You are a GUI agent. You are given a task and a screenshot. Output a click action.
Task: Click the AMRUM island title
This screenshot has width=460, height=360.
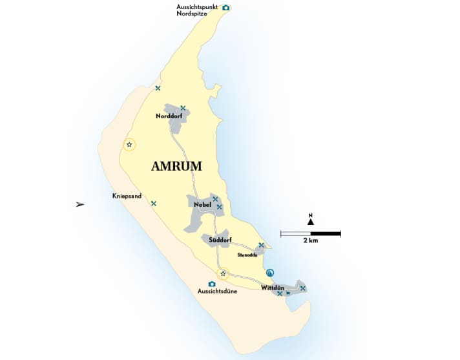point(176,166)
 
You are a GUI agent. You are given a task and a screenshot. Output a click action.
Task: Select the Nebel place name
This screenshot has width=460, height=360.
point(203,205)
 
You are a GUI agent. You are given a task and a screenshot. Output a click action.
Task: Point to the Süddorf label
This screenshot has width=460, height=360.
point(220,241)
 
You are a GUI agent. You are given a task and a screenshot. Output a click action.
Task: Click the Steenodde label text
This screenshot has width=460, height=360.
point(247,255)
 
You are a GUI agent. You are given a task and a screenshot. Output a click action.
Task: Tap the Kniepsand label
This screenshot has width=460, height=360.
point(127,196)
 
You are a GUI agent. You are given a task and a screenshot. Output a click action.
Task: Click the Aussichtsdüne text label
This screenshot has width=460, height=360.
point(218,291)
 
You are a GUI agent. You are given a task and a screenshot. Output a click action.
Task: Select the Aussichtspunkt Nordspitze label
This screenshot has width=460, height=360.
point(197,10)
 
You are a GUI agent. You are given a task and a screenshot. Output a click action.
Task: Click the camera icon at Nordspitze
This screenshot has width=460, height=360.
point(225,8)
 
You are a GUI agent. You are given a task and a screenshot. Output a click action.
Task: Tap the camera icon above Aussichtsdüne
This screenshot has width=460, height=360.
point(211,284)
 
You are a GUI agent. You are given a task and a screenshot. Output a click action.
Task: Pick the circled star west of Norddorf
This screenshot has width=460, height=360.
point(129,145)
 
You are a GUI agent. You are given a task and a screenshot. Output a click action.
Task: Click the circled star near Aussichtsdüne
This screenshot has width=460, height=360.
point(223,273)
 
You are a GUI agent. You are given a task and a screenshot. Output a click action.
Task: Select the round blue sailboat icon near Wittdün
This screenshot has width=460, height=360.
point(270,272)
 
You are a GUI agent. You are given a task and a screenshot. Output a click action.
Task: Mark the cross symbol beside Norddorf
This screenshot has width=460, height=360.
point(183,107)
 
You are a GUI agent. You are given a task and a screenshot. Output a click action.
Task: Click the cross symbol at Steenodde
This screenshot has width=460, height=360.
point(261,245)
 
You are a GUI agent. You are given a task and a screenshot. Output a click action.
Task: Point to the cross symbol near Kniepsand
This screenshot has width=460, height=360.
point(153,203)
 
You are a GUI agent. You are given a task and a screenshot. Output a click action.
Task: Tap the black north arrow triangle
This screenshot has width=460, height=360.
point(311,222)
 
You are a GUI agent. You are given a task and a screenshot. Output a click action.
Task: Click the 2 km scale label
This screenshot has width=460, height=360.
point(310,241)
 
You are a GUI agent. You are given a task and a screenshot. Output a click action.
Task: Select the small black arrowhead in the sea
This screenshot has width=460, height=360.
point(80,204)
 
